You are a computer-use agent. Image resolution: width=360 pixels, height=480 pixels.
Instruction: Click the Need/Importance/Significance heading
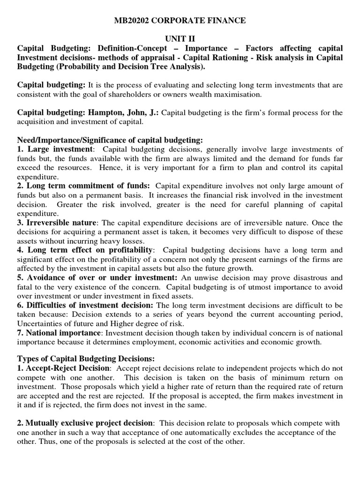(x=110, y=140)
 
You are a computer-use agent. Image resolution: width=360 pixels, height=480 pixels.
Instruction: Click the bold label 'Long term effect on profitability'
(x=90, y=250)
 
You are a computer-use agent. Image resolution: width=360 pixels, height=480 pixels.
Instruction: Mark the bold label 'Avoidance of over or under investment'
(x=97, y=277)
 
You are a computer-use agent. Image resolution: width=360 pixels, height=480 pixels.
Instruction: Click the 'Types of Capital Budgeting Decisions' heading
(x=82, y=360)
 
